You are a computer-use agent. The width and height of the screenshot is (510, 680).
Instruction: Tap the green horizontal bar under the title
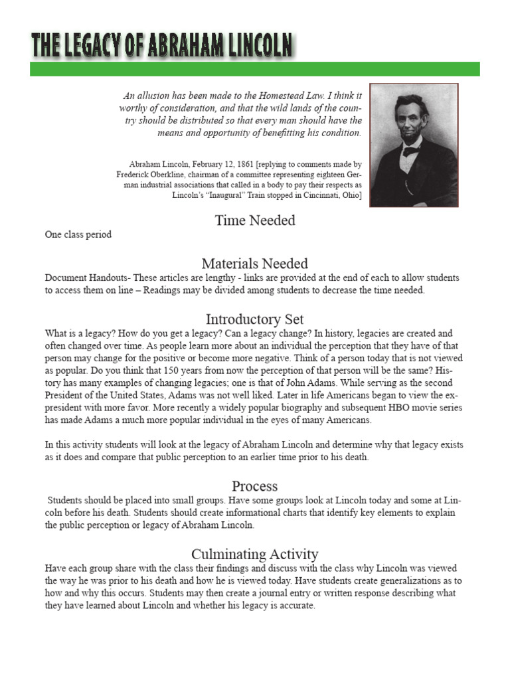pyautogui.click(x=254, y=69)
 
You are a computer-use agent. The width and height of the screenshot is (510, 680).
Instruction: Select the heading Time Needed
pyautogui.click(x=255, y=220)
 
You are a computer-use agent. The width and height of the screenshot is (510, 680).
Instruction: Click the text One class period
pyautogui.click(x=78, y=234)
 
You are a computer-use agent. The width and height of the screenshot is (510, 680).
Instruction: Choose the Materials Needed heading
pyautogui.click(x=255, y=264)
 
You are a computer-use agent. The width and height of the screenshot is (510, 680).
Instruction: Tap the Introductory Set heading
pyautogui.click(x=255, y=319)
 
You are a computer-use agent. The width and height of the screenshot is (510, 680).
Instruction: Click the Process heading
pyautogui.click(x=255, y=485)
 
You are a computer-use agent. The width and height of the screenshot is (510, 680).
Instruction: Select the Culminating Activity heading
pyautogui.click(x=255, y=554)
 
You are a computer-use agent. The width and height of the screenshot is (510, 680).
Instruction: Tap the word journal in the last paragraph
pyautogui.click(x=286, y=593)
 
